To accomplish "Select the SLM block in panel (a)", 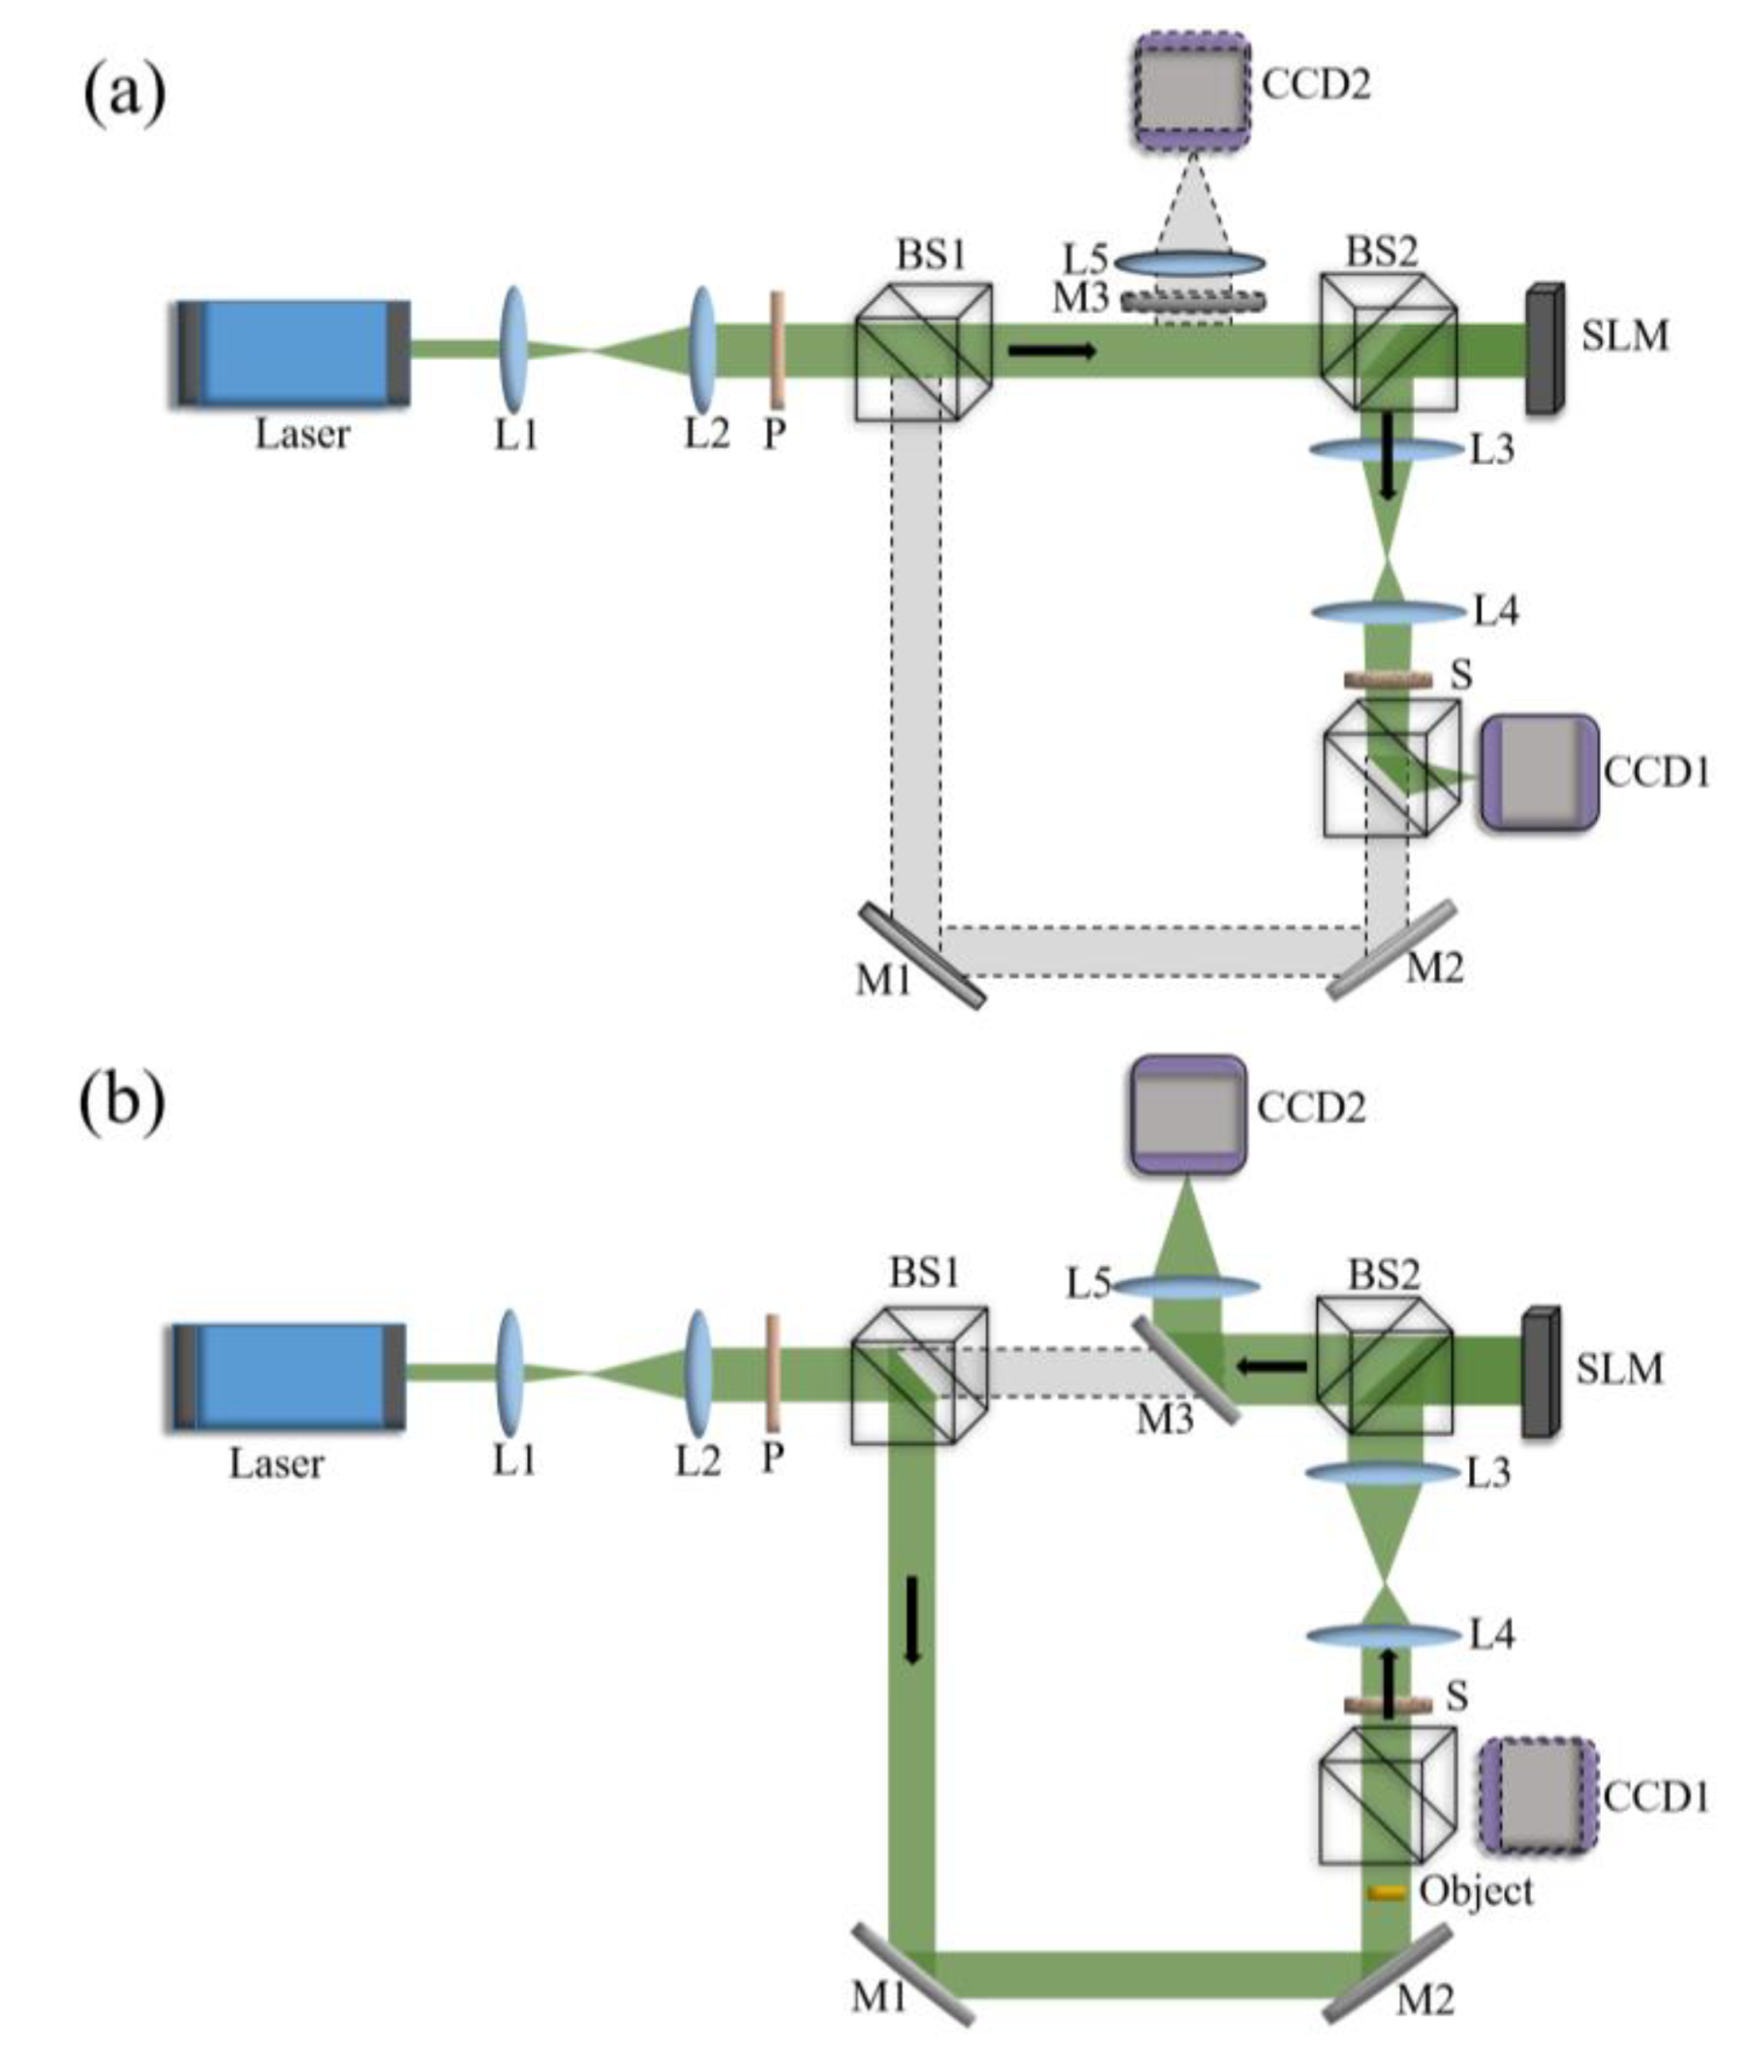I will point(1545,348).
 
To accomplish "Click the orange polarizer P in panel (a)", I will point(777,349).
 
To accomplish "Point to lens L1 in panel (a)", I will point(514,350).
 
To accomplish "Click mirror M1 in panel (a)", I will point(922,955).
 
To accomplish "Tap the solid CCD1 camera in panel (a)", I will point(1539,772).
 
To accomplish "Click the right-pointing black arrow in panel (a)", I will point(1053,350).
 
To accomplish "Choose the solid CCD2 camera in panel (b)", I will point(1187,1115).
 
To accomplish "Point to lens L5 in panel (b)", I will point(1186,1287).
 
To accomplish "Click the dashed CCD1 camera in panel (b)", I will point(1537,1795).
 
